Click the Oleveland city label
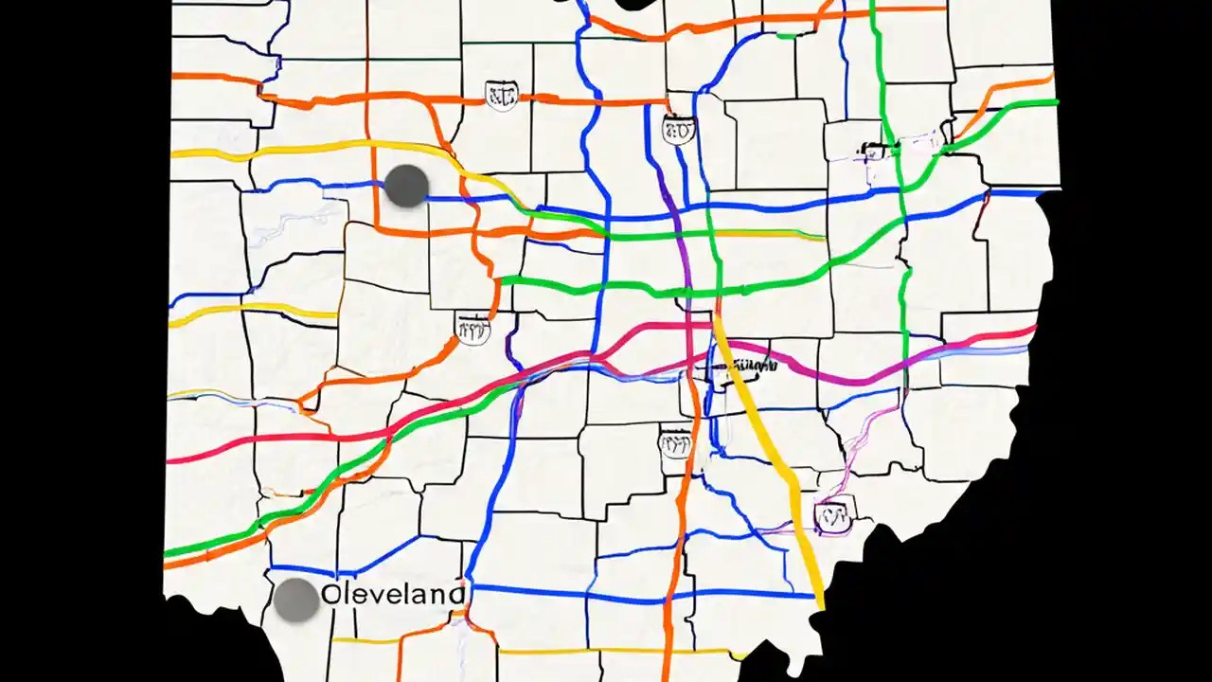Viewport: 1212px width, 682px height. click(394, 595)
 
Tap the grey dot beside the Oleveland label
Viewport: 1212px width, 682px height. click(296, 600)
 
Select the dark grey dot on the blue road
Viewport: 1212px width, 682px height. click(407, 186)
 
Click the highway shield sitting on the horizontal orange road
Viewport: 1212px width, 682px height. click(501, 95)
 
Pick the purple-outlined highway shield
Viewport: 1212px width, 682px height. click(833, 515)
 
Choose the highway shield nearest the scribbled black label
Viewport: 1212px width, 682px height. click(676, 441)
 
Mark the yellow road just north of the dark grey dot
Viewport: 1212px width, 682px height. click(312, 147)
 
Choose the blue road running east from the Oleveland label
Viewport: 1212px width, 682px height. click(644, 595)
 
